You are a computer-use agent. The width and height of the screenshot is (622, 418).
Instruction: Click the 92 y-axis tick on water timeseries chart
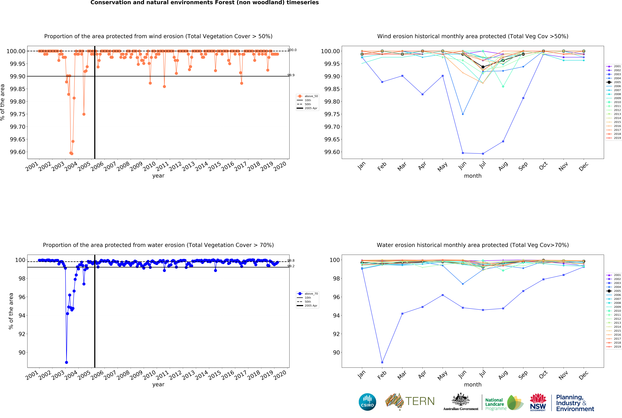[x=22, y=334]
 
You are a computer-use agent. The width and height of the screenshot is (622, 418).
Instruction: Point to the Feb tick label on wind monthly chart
[x=382, y=166]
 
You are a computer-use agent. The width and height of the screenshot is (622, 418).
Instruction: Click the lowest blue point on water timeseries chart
[x=66, y=363]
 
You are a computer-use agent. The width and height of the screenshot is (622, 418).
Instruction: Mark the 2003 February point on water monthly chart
[x=382, y=363]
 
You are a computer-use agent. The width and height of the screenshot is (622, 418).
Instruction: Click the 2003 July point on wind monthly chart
[x=483, y=154]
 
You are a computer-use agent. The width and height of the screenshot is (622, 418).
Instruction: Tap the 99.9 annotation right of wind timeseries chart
[x=291, y=75]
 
